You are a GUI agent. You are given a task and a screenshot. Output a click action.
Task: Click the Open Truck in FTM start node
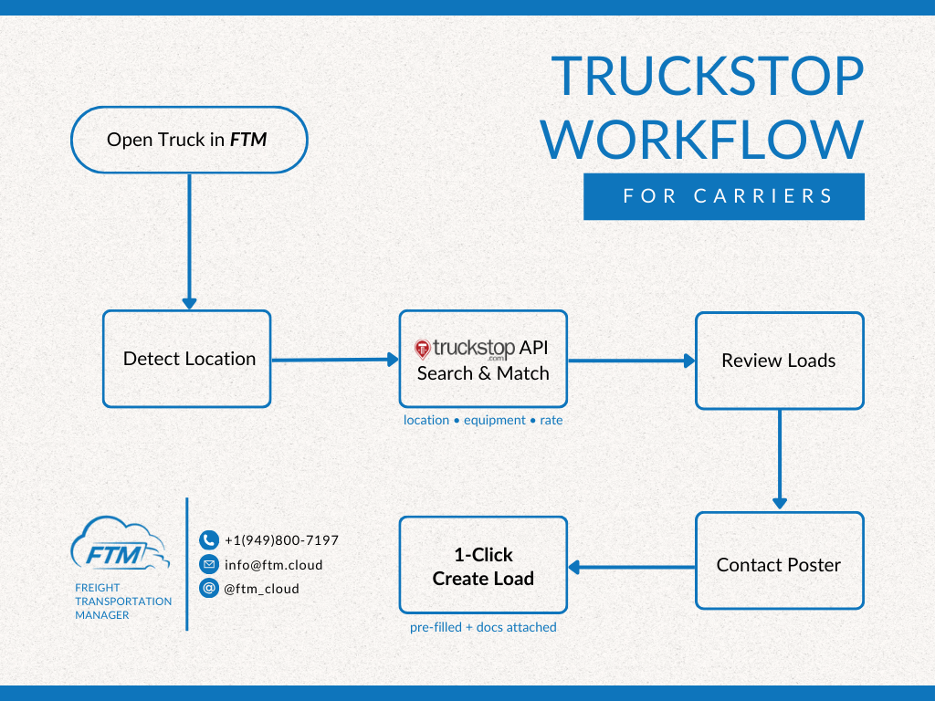(x=188, y=140)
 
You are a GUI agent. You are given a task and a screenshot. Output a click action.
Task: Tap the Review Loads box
(x=779, y=361)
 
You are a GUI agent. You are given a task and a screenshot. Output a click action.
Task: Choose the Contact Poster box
(x=779, y=565)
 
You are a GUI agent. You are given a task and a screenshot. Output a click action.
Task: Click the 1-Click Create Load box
(x=483, y=566)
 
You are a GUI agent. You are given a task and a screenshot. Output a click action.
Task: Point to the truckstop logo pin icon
(x=422, y=349)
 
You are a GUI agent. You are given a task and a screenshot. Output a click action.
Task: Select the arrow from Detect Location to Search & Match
(x=335, y=360)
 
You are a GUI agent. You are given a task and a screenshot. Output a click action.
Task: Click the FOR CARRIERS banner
(x=724, y=196)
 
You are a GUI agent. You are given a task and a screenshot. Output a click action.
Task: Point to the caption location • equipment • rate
(x=483, y=421)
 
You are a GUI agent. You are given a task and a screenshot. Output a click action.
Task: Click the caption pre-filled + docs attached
(x=483, y=627)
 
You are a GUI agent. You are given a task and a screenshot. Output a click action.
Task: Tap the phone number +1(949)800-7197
(x=281, y=540)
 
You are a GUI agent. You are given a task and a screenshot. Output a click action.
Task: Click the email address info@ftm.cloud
(x=273, y=565)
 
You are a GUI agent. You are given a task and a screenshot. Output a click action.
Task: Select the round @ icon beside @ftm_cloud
(x=209, y=589)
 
